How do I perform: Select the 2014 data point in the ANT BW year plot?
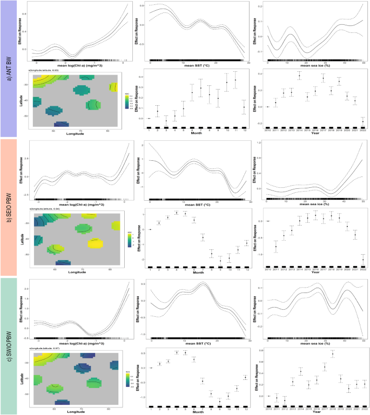coord(299,76)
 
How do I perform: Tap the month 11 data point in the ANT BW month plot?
coord(236,80)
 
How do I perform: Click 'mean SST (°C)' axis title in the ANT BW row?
coord(197,65)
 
